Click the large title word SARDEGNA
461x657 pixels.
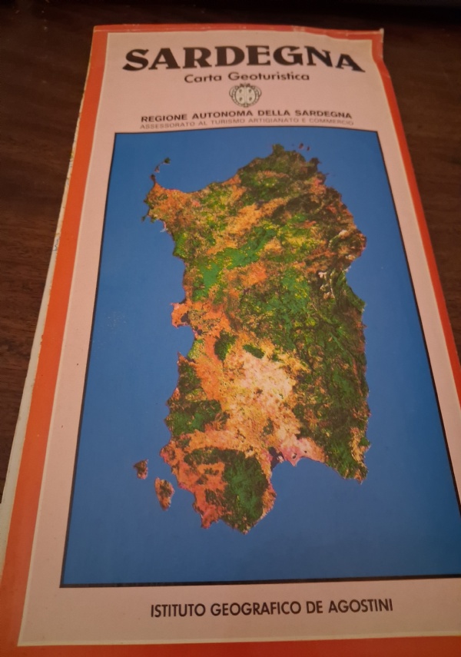243,60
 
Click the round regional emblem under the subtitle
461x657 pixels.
245,95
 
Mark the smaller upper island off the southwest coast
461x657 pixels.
141,468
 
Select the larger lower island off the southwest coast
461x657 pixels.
164,493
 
